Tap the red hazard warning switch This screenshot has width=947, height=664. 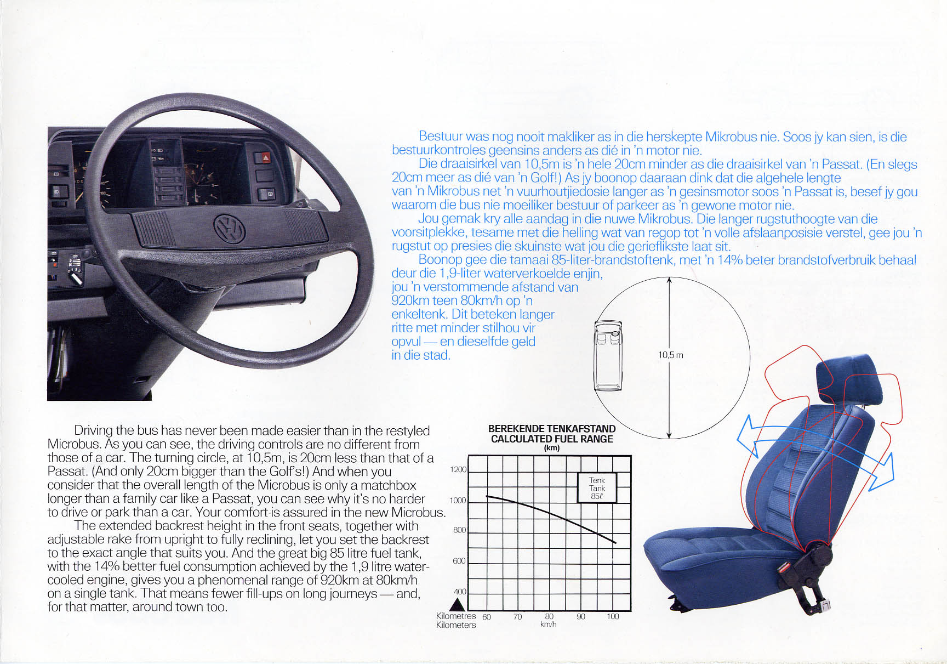tap(265, 158)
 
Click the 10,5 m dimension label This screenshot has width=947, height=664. tap(670, 355)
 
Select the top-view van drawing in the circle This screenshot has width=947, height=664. tap(608, 355)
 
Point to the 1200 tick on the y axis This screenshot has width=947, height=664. tap(458, 470)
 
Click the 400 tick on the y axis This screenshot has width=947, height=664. tap(460, 592)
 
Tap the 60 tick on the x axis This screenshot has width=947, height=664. tap(486, 617)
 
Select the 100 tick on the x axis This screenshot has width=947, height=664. tap(613, 616)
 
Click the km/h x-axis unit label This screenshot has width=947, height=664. tap(548, 625)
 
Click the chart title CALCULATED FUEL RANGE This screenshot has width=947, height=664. tap(552, 439)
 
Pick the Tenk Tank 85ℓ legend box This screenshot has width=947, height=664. tap(597, 488)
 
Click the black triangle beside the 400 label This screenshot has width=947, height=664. tap(458, 604)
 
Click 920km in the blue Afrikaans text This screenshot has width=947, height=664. tap(410, 300)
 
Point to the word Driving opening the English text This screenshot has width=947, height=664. tap(93, 431)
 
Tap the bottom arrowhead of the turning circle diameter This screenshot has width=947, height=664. tap(669, 435)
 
